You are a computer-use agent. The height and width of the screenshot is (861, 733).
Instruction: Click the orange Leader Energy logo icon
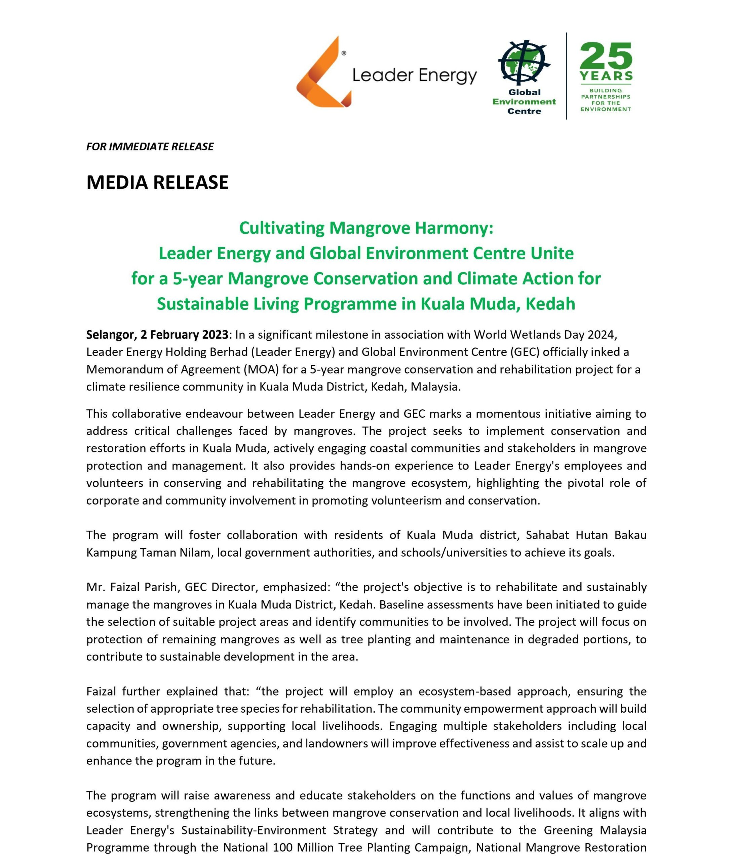click(322, 72)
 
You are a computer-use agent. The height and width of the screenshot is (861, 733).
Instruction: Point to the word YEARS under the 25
click(606, 76)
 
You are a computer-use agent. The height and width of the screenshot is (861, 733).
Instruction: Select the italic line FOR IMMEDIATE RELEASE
click(150, 147)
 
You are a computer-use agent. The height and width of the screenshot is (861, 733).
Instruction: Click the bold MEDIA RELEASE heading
click(157, 182)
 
